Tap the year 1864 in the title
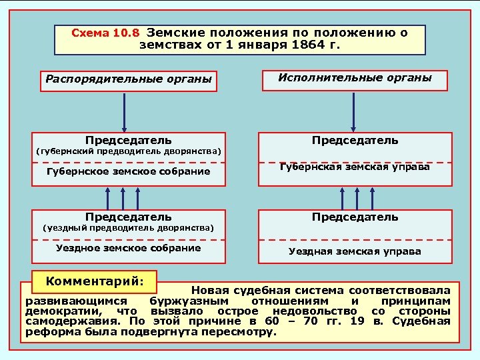(x=307, y=45)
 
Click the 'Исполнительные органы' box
(x=355, y=79)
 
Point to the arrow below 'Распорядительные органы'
(x=124, y=111)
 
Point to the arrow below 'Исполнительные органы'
(x=355, y=111)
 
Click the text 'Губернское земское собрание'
(x=129, y=171)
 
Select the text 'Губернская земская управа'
(x=355, y=167)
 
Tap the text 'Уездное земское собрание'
(x=129, y=248)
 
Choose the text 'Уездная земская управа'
(x=355, y=251)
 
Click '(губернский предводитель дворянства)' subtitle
(x=129, y=151)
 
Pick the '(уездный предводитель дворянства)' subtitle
(x=129, y=228)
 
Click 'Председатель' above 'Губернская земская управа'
(x=355, y=141)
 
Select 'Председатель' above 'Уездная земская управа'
(x=355, y=217)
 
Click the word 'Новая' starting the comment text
(x=211, y=291)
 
